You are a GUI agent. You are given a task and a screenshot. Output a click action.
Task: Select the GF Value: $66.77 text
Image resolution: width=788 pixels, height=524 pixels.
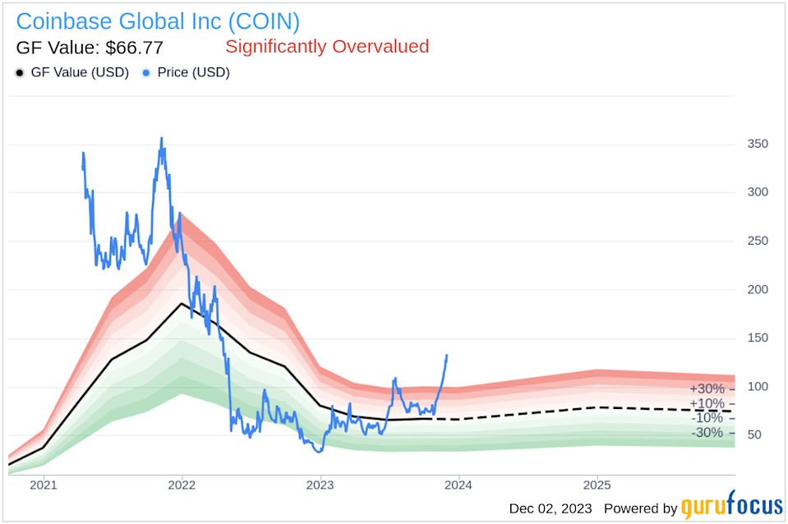[90, 47]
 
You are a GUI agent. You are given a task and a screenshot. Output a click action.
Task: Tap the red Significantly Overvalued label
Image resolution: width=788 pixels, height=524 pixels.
[327, 47]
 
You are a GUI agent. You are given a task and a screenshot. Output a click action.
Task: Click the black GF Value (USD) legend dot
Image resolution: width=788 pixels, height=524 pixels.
[20, 72]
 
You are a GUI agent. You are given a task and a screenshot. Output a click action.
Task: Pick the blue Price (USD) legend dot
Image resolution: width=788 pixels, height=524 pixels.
[146, 72]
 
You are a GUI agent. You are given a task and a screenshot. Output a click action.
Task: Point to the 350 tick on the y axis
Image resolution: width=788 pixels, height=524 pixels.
[757, 144]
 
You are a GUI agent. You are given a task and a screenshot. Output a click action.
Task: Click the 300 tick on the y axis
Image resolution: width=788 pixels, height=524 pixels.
[757, 192]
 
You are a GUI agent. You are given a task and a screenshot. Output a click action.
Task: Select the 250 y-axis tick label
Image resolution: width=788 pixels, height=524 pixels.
[757, 241]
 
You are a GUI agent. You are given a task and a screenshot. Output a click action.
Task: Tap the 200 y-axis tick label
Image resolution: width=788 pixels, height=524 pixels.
[757, 289]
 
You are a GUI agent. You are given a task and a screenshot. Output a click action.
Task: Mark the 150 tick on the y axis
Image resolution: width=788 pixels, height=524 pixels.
[757, 338]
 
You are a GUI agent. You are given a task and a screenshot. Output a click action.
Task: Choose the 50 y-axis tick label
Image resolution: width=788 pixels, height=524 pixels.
[753, 434]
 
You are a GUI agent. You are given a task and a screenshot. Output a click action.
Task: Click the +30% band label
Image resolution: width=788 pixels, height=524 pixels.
[707, 388]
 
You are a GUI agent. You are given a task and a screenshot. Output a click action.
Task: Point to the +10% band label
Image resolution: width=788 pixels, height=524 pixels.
[707, 403]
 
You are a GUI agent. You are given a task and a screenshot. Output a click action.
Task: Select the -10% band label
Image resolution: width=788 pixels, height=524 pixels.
[707, 418]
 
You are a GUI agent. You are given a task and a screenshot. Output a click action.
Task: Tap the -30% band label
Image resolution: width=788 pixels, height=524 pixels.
[707, 433]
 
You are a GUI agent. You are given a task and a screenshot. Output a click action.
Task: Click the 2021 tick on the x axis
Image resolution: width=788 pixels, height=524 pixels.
[44, 486]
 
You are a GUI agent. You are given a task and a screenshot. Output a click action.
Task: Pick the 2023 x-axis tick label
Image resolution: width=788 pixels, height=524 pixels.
[320, 486]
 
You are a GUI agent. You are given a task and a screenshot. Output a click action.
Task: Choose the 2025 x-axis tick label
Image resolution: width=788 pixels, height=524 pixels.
[597, 486]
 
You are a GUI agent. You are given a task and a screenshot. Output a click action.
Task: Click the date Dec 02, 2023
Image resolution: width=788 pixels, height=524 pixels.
[552, 508]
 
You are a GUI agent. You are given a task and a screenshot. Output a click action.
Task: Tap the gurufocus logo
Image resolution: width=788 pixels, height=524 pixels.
[731, 508]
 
